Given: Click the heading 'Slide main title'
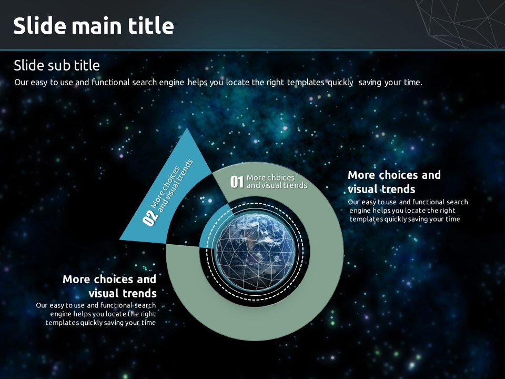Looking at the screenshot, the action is (94, 25).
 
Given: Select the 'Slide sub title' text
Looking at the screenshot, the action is (57, 65).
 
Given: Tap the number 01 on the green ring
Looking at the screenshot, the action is (237, 182).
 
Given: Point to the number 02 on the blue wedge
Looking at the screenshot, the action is (150, 218).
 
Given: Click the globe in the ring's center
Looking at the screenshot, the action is (255, 252).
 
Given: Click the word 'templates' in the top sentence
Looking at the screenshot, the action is (306, 83).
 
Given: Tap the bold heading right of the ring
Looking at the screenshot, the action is (394, 182).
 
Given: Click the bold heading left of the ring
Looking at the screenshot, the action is (109, 286).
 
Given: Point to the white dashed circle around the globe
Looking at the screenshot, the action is (255, 204).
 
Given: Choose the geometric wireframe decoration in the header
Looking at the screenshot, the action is (461, 24).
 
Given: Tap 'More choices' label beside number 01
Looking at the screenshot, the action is (270, 177).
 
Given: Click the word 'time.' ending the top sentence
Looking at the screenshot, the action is (413, 83).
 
